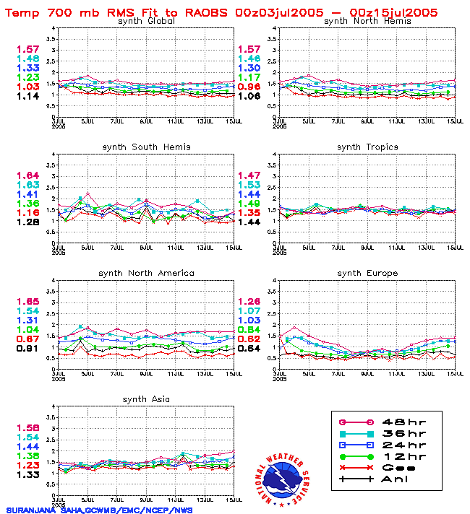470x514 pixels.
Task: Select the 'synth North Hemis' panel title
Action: (x=367, y=21)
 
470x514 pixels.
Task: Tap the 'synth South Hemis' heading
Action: (x=146, y=147)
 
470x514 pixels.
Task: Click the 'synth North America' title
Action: (x=146, y=273)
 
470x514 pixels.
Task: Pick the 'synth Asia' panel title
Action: (x=146, y=399)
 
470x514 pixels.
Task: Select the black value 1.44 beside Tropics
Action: (x=248, y=222)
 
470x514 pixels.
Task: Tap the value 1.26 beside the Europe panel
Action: (x=248, y=302)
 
